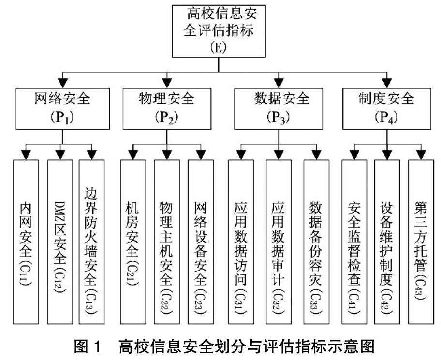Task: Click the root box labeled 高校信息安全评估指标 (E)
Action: (219, 31)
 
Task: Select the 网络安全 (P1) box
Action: (63, 109)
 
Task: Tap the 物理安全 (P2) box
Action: (167, 109)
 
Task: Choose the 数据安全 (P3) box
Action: (279, 109)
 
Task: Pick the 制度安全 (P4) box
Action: (387, 109)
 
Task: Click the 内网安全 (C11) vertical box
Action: (26, 242)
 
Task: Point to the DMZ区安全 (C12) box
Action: (60, 242)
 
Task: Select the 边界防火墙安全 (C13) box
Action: (92, 242)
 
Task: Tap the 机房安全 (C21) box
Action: (133, 242)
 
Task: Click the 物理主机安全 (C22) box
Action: (167, 242)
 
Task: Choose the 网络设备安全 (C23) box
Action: (201, 242)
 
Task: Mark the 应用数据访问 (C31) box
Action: (241, 242)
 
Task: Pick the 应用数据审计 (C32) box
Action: (279, 242)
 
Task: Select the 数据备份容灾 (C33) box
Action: (316, 242)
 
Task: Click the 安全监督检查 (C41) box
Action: (354, 242)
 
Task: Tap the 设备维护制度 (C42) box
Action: (387, 242)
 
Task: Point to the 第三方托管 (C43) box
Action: (421, 242)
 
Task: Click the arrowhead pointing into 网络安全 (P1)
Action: (63, 84)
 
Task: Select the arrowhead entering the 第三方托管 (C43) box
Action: (421, 155)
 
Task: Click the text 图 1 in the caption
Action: (87, 346)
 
